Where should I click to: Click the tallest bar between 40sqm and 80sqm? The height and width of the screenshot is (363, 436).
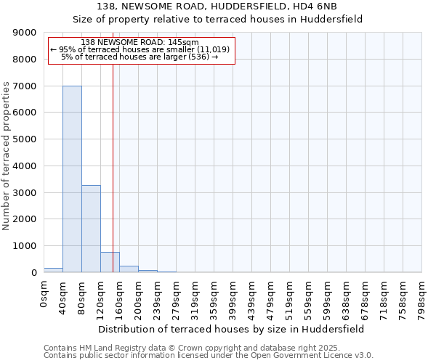72,179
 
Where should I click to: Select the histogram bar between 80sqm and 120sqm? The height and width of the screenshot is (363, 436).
91,229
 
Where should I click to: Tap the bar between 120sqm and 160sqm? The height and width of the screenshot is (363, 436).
110,262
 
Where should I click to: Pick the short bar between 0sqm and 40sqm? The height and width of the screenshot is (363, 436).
53,270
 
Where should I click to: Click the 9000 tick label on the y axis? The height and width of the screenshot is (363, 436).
25,33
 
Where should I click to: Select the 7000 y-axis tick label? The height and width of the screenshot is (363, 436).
25,86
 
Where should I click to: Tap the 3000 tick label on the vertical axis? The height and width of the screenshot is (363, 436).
25,192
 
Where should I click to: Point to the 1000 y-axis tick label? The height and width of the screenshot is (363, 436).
25,245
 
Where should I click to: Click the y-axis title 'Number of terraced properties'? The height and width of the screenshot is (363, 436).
7,155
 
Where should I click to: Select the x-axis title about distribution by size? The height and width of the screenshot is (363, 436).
232,329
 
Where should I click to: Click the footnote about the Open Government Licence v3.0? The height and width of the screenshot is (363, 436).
209,355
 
